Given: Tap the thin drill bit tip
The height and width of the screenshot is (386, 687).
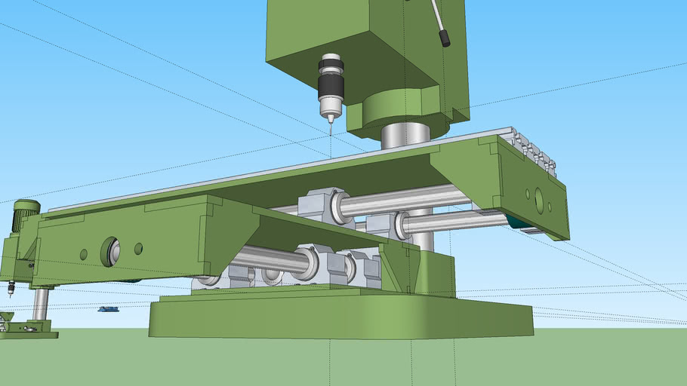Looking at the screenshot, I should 330,129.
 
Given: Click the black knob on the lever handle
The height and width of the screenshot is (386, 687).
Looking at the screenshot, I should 445,38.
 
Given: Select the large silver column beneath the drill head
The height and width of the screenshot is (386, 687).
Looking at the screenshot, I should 405,136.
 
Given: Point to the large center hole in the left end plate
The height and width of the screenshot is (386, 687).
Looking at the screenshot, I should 111,251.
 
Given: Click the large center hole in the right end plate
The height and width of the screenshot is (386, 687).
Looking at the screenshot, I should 539,199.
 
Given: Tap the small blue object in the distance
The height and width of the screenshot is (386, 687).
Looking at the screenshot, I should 108,309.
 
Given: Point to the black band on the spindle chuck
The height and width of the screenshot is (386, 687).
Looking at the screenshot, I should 331,87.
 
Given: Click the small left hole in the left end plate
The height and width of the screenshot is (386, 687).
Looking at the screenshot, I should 83,254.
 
